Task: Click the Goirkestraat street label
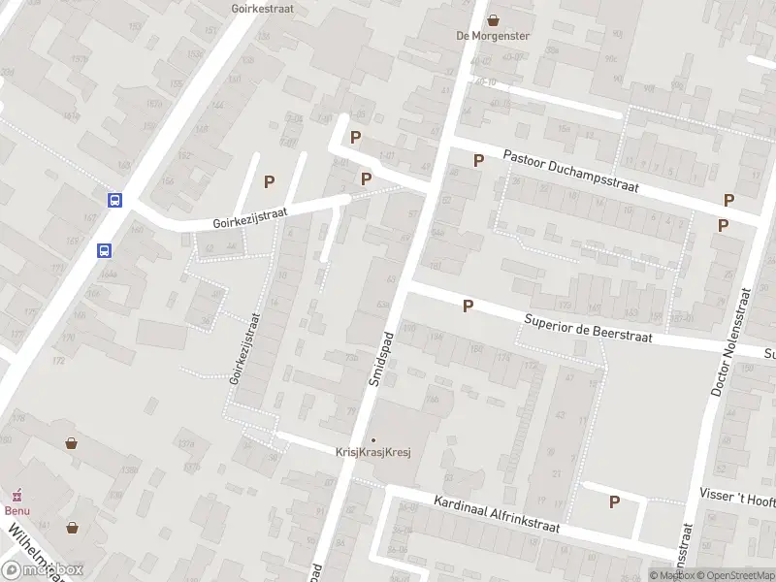(x=263, y=8)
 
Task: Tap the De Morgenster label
(x=494, y=37)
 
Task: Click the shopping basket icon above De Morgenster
(x=494, y=19)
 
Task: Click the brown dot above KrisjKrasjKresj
(x=372, y=440)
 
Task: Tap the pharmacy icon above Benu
(x=14, y=495)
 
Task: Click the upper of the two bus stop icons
(x=114, y=201)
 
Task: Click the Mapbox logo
(x=43, y=570)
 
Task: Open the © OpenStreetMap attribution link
(x=732, y=575)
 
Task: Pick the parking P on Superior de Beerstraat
(x=469, y=306)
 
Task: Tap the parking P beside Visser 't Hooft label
(x=614, y=501)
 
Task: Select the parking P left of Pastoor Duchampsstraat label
(x=478, y=160)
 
